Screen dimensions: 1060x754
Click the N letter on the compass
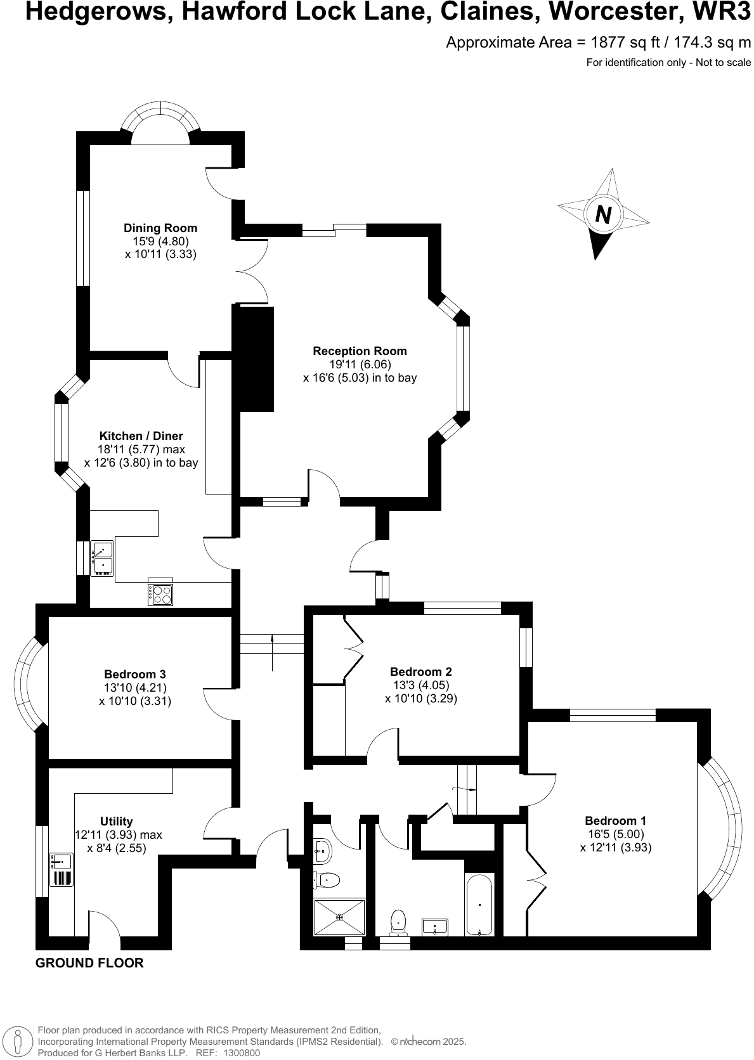(x=603, y=215)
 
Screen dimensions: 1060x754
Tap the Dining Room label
(x=160, y=228)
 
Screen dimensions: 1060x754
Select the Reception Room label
(x=360, y=351)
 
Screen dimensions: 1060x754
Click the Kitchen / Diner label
(x=141, y=436)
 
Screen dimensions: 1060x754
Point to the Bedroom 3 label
(x=135, y=674)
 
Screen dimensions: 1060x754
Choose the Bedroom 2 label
(x=421, y=671)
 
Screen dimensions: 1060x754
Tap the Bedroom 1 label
(x=616, y=820)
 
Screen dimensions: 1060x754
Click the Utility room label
(x=117, y=821)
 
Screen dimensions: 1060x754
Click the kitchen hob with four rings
(x=160, y=593)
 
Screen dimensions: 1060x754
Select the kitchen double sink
(x=102, y=557)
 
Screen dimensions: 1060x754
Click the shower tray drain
(x=340, y=917)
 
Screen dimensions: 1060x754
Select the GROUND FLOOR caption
(x=89, y=963)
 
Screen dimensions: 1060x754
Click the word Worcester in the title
(x=623, y=12)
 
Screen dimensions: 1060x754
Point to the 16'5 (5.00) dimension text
(x=616, y=834)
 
